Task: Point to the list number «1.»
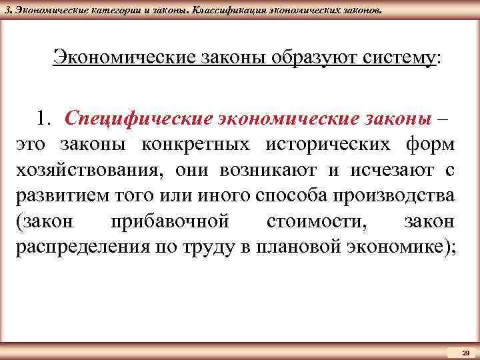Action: click(46, 118)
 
